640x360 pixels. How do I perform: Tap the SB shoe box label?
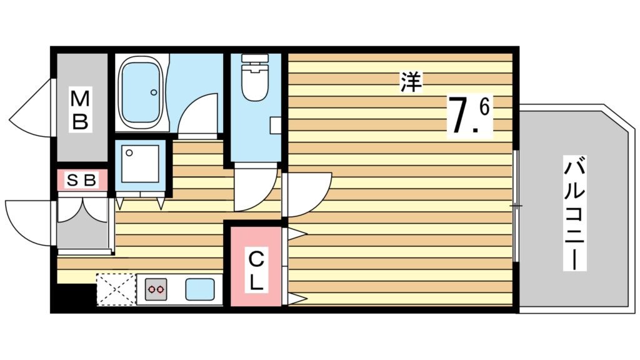pos(82,181)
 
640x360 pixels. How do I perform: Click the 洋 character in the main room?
pos(411,82)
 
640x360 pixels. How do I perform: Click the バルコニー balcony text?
pos(576,214)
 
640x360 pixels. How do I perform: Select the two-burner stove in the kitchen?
pos(156,289)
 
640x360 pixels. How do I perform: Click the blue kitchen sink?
pos(200,289)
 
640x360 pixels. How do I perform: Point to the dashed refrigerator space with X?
pos(116,289)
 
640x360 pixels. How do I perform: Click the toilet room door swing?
pos(252,191)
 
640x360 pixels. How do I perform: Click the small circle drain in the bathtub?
pos(154,92)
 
